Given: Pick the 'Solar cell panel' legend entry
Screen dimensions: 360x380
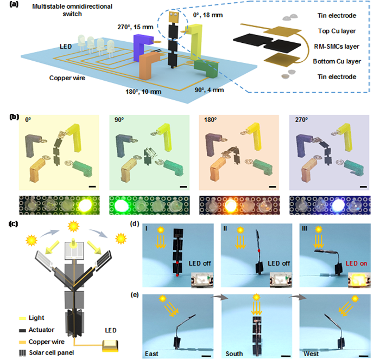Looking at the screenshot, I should (x=43, y=352).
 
